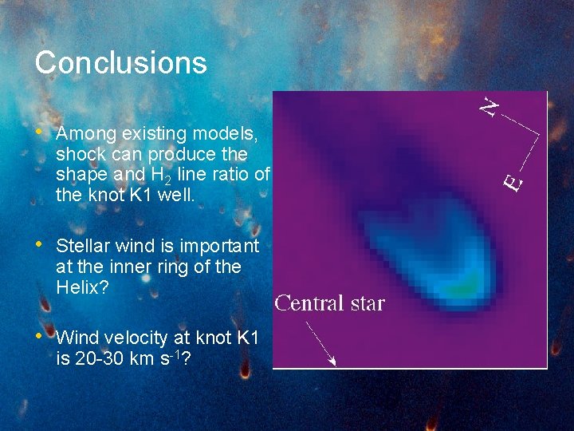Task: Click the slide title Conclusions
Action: pos(120,63)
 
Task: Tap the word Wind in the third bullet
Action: pos(76,338)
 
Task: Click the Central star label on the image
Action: pos(329,303)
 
